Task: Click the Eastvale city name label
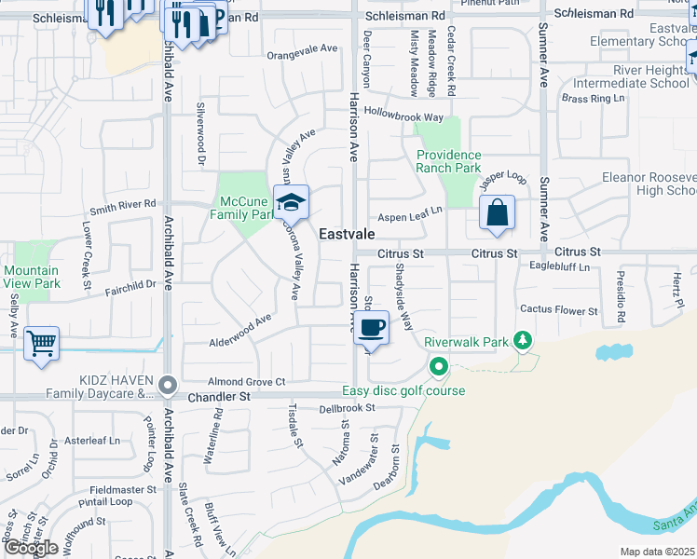click(x=348, y=235)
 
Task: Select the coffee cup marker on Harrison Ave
click(x=372, y=328)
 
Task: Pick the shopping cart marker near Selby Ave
click(x=41, y=344)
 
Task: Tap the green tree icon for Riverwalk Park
click(x=524, y=341)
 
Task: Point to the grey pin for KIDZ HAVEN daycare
click(x=168, y=383)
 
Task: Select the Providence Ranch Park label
click(x=448, y=161)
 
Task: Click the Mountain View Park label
click(x=32, y=277)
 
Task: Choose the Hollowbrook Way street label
click(x=403, y=117)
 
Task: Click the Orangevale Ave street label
click(x=302, y=48)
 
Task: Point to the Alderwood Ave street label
click(x=239, y=323)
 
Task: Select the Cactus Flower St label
click(x=559, y=310)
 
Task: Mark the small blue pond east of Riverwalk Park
click(x=614, y=352)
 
